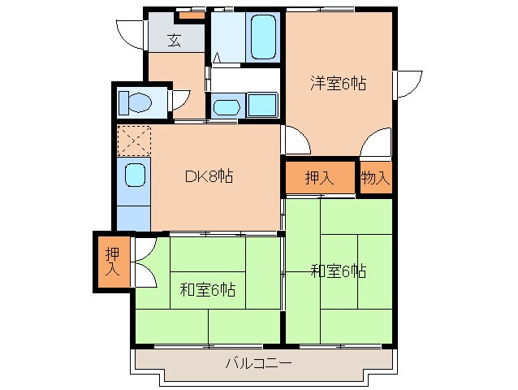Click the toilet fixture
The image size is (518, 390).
click(135, 103)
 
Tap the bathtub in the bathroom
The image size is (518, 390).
click(264, 37)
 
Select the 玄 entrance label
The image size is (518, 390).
click(175, 38)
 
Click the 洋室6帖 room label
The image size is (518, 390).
click(338, 82)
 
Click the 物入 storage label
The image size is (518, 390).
click(376, 179)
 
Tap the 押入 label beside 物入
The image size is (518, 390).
click(319, 179)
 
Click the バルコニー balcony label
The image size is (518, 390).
click(259, 363)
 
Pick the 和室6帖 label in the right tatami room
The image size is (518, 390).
click(338, 271)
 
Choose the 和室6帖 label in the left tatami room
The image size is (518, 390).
click(208, 289)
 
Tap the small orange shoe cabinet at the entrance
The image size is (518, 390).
click(192, 15)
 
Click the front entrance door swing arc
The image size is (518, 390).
click(130, 32)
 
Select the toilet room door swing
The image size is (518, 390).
click(180, 102)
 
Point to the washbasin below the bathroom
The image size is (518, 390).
click(225, 106)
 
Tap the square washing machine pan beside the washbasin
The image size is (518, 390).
click(261, 105)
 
